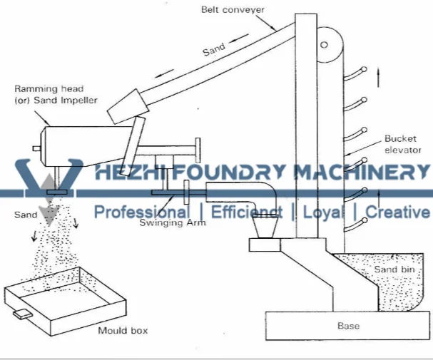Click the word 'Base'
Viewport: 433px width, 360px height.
[348, 326]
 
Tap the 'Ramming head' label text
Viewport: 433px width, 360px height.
[44, 90]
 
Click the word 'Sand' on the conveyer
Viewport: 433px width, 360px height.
[213, 50]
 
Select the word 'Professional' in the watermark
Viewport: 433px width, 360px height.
[142, 212]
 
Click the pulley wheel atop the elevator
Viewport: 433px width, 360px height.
[326, 44]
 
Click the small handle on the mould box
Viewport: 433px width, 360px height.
[22, 314]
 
